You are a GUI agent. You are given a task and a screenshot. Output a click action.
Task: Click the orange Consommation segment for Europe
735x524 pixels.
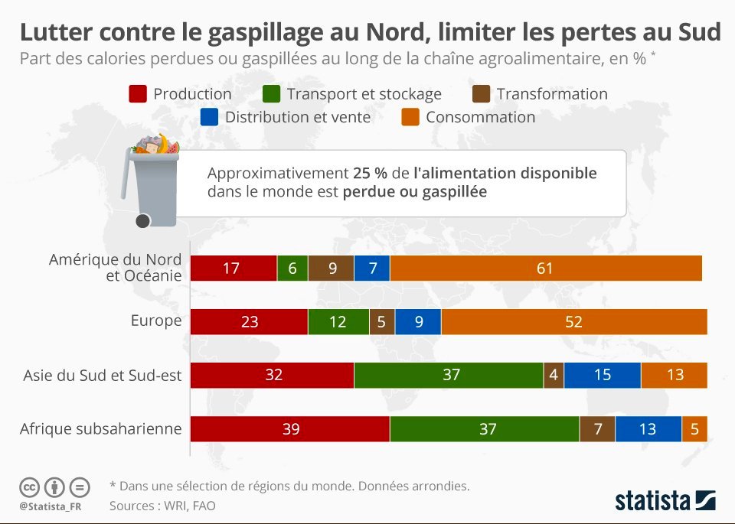click(573, 322)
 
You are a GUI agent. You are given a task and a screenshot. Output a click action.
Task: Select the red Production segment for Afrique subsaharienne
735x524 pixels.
click(290, 429)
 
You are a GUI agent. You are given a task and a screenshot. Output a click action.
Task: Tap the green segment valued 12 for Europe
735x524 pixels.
click(338, 322)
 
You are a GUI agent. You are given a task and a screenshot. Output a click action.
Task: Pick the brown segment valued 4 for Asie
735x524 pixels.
click(553, 376)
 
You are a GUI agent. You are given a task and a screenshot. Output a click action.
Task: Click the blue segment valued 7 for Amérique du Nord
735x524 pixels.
click(372, 269)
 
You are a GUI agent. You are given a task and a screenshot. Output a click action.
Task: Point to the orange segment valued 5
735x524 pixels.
click(694, 429)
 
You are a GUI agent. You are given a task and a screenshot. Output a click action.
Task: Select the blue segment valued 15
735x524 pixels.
click(602, 376)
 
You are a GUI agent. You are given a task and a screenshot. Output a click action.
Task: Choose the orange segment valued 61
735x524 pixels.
click(545, 269)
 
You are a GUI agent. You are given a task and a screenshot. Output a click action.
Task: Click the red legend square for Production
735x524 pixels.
click(137, 94)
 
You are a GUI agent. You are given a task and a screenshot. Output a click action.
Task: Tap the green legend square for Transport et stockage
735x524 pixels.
click(270, 94)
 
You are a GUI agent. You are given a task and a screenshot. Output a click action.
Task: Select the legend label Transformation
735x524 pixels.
click(551, 94)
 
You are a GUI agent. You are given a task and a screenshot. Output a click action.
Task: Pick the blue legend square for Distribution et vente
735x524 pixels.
click(209, 117)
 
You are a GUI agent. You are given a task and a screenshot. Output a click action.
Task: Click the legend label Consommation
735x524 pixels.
click(480, 117)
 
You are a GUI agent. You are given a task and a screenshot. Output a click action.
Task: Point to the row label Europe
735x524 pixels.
click(156, 321)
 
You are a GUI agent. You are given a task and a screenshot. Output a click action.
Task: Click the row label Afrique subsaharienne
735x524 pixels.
click(101, 428)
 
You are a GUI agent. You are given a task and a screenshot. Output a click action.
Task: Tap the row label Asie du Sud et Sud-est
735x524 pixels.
click(103, 375)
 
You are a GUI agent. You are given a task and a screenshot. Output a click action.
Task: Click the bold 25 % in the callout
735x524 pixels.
click(369, 173)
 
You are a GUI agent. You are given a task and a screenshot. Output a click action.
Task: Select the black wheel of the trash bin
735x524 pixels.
click(142, 221)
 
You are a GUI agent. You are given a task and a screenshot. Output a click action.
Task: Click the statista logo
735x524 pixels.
click(665, 501)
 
